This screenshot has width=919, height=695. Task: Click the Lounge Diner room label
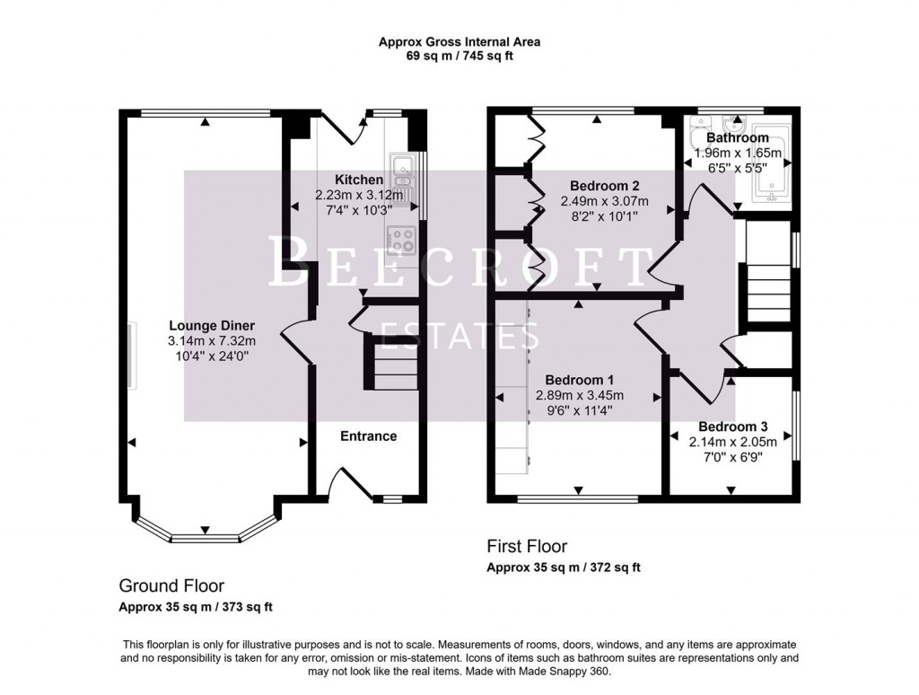[x=211, y=325]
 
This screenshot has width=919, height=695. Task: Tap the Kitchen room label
[x=359, y=180]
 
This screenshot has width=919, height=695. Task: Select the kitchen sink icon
[x=401, y=177]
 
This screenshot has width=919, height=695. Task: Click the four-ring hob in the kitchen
[x=400, y=239]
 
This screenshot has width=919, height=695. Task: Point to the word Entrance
[x=368, y=436]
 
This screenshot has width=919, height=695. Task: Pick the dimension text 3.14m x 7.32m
[x=211, y=341]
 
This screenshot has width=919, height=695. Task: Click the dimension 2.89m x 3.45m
[x=579, y=396]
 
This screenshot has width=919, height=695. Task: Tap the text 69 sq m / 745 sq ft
[x=459, y=56]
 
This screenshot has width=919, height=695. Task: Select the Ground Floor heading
[x=171, y=586]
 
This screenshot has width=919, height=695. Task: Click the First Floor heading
[x=527, y=546]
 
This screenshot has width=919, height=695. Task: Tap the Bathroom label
[x=737, y=138]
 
